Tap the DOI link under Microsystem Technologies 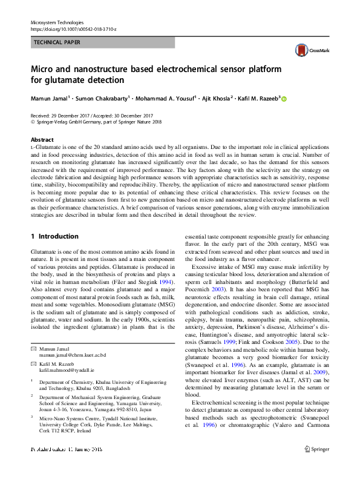[73, 28]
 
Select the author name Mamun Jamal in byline [48, 98]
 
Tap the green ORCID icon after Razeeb [284, 99]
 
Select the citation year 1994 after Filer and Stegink [168, 282]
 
